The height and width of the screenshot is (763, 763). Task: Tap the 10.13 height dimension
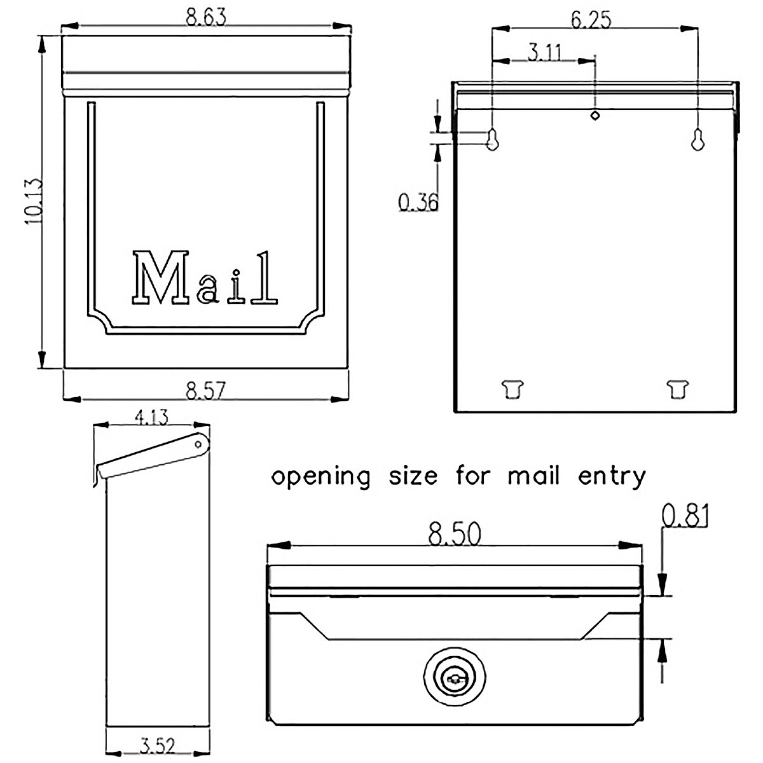pos(32,201)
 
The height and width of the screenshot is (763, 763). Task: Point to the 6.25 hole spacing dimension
pos(591,20)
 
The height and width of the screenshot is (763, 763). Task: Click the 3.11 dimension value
pos(544,52)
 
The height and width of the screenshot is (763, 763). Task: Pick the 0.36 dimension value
pos(418,202)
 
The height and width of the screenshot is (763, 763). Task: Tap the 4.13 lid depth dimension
pos(151,418)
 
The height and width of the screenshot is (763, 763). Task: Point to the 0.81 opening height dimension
pos(685,516)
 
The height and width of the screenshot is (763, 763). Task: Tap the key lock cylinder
pos(455,680)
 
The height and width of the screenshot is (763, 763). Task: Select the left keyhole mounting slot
pos(492,139)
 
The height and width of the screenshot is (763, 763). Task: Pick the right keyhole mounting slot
pos(698,139)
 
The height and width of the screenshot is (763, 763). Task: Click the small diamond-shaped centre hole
pos(595,115)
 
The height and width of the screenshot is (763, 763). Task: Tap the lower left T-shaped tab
pos(512,388)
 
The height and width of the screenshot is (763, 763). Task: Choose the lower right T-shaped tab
pos(678,388)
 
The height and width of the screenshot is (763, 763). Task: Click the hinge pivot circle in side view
pos(198,443)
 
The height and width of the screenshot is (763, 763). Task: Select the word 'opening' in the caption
pos(321,477)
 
